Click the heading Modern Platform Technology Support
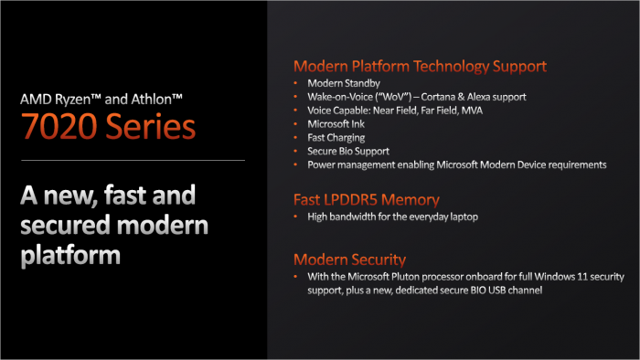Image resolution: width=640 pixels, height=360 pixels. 420,66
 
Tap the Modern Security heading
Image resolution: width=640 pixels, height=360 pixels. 349,259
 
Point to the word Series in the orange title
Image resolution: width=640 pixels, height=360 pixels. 150,126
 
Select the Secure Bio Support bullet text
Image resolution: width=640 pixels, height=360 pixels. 348,151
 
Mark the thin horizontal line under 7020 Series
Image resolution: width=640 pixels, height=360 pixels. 133,161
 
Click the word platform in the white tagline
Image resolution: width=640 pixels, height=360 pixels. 69,253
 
